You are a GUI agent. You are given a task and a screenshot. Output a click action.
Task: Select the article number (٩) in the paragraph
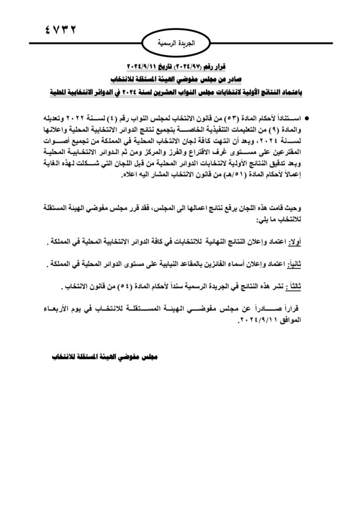274,129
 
